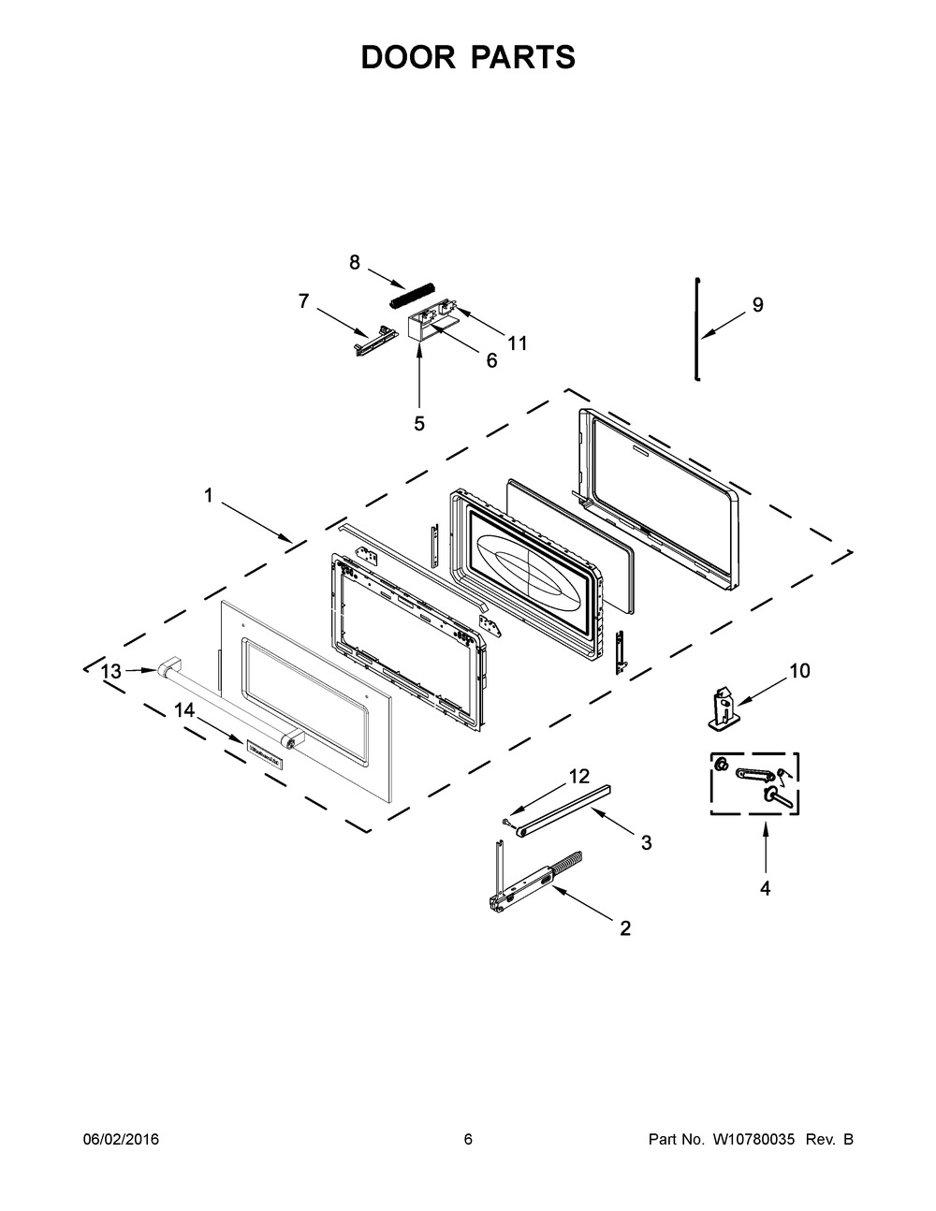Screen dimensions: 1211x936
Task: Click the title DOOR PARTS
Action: (468, 57)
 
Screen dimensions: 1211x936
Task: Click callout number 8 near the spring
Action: (355, 263)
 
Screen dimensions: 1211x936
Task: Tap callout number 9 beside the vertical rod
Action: (757, 304)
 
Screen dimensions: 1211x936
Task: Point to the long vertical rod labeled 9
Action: (696, 328)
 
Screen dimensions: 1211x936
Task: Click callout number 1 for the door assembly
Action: (210, 496)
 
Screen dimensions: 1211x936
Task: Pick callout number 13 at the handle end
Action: (111, 671)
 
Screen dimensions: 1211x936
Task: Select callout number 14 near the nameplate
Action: (184, 711)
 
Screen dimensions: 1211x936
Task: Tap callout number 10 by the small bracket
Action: (799, 671)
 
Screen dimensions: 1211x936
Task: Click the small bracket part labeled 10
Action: (722, 707)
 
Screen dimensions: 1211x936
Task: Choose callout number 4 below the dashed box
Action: (765, 889)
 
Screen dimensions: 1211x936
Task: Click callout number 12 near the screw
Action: (579, 776)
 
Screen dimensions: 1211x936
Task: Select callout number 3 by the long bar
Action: (646, 842)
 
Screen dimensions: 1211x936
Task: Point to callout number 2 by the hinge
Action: (625, 928)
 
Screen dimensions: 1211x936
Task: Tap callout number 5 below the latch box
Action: (419, 424)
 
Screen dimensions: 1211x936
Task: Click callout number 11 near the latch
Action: (517, 343)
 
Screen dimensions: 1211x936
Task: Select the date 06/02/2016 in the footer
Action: (121, 1140)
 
